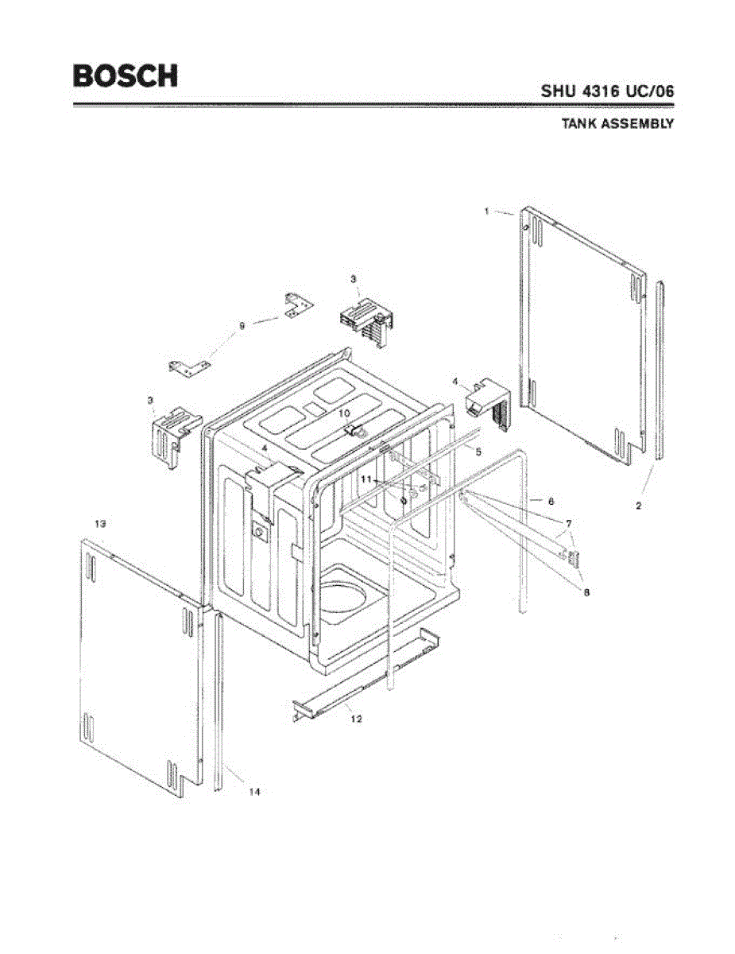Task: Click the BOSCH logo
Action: tap(126, 76)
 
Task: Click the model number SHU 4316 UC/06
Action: tap(607, 91)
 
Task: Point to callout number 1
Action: tap(486, 211)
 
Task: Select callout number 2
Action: tap(639, 506)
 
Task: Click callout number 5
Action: tap(478, 451)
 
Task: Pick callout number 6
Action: tap(550, 501)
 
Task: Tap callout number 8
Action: tap(586, 592)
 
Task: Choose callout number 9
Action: tap(242, 324)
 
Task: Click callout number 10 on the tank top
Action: tap(345, 413)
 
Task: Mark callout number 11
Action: tap(366, 479)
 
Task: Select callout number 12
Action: tap(356, 719)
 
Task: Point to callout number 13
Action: tap(100, 524)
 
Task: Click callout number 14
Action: tap(254, 792)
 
